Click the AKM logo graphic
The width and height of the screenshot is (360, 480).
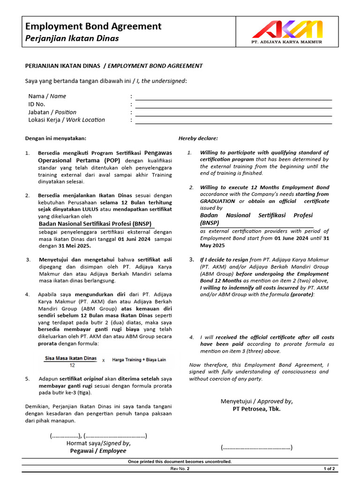[x=287, y=30]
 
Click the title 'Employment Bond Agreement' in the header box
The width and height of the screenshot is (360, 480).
[x=93, y=26]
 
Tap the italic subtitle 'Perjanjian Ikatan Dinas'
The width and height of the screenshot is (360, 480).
[x=72, y=38]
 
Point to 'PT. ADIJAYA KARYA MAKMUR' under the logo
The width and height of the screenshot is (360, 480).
[x=287, y=42]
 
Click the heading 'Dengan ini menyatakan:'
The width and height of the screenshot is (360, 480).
[x=56, y=138]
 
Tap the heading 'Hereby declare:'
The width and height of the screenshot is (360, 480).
[x=198, y=138]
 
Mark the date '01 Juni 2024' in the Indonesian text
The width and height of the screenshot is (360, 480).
[x=135, y=239]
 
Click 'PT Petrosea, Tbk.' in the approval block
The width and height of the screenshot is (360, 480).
[x=256, y=409]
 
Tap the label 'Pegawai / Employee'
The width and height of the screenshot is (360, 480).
[x=98, y=450]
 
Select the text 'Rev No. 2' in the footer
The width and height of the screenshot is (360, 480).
[x=180, y=469]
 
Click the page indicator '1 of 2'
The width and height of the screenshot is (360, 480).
[x=329, y=469]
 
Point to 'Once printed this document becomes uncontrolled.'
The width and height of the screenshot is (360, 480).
[x=180, y=462]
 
